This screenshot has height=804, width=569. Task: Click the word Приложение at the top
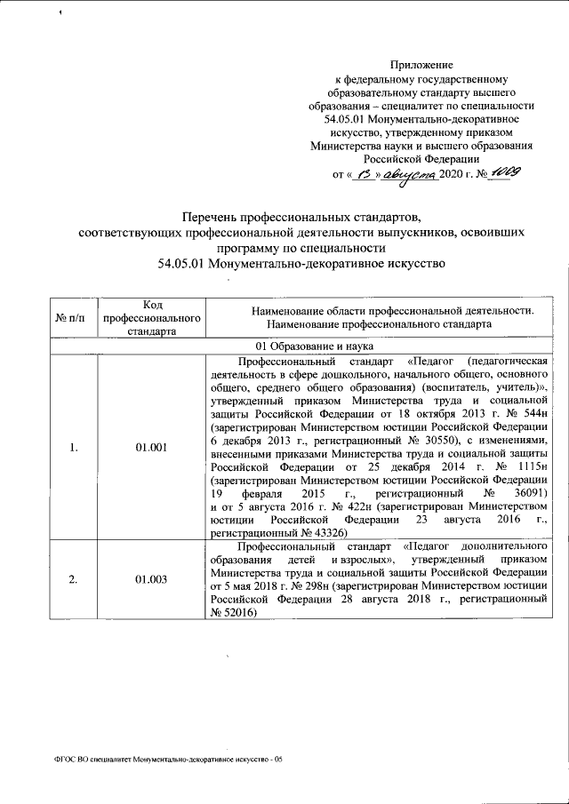(x=422, y=65)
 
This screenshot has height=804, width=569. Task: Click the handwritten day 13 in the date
(x=362, y=174)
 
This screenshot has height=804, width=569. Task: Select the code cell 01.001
(x=151, y=447)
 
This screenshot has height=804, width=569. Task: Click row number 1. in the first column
(x=73, y=447)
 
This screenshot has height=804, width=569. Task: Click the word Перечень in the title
(x=216, y=216)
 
